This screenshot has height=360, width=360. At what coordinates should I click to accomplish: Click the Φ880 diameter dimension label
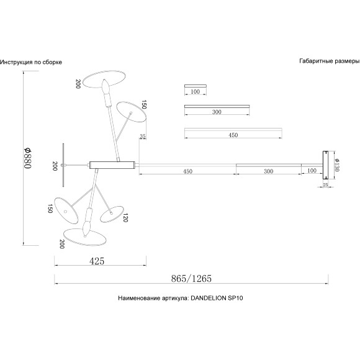point(27,158)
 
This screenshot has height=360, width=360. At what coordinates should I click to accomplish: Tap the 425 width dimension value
point(97,261)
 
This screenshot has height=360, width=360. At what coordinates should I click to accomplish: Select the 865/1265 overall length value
point(191,279)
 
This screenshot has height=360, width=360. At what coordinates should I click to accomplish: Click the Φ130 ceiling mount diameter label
point(337,165)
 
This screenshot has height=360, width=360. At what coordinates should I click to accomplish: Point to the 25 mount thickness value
point(326,184)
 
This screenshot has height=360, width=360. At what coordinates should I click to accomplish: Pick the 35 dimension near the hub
point(143,136)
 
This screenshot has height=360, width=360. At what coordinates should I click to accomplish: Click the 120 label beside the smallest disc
point(125,218)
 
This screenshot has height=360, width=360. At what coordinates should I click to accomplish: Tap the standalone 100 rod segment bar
point(196,86)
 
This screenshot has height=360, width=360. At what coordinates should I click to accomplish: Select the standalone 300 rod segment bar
point(217,107)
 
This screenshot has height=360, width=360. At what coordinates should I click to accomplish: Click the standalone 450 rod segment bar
point(233,130)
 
